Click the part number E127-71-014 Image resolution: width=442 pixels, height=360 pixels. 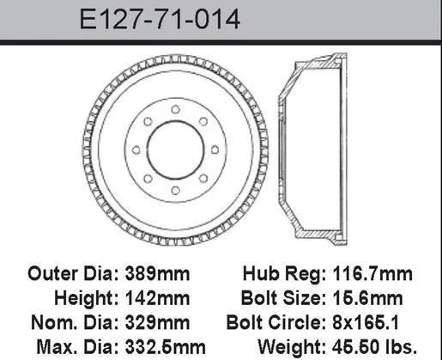[160, 20]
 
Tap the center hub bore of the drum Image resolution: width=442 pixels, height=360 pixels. [175, 150]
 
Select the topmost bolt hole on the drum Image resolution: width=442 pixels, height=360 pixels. [175, 109]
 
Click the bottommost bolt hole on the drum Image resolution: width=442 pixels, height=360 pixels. [175, 191]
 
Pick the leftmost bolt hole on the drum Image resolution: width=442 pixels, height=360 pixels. [136, 149]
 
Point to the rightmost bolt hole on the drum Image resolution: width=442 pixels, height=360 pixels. [215, 149]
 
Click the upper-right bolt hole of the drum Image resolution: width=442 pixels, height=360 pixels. [203, 121]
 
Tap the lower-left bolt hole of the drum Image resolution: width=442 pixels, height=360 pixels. [148, 179]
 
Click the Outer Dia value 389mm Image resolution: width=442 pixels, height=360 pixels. [157, 274]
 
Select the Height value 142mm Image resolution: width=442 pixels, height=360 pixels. [157, 298]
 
